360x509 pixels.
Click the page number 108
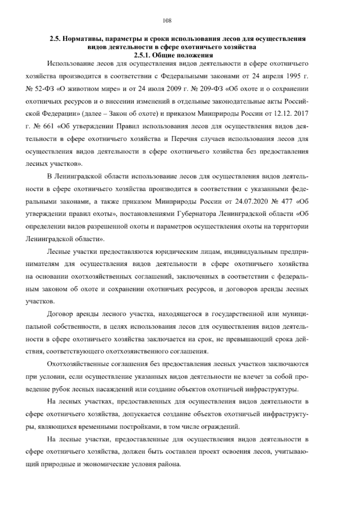pyautogui.click(x=167, y=20)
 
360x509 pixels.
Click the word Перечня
pyautogui.click(x=185, y=139)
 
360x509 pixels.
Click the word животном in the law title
pyautogui.click(x=79, y=89)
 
